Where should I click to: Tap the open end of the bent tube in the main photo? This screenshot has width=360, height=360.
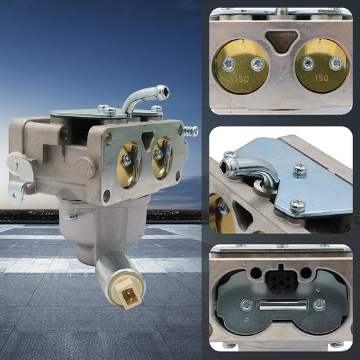165,92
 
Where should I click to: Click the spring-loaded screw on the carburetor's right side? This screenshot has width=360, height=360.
191,131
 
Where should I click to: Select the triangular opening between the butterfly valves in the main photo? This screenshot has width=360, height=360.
148,140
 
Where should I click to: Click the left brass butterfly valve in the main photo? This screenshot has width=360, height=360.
129,164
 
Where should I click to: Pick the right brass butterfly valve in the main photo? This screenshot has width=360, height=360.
162,157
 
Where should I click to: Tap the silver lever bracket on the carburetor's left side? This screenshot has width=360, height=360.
20,177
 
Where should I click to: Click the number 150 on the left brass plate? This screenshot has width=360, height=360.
242,79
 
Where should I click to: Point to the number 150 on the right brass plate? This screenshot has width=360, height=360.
322,78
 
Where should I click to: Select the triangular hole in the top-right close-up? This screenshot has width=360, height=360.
282,42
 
